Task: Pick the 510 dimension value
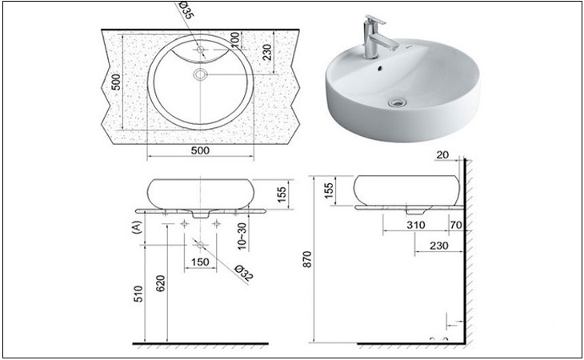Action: click(x=138, y=294)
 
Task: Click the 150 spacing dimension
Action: click(x=200, y=262)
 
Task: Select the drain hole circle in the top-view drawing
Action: click(x=200, y=74)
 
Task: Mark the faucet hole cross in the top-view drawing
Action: click(x=201, y=50)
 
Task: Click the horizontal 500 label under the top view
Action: click(x=200, y=150)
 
